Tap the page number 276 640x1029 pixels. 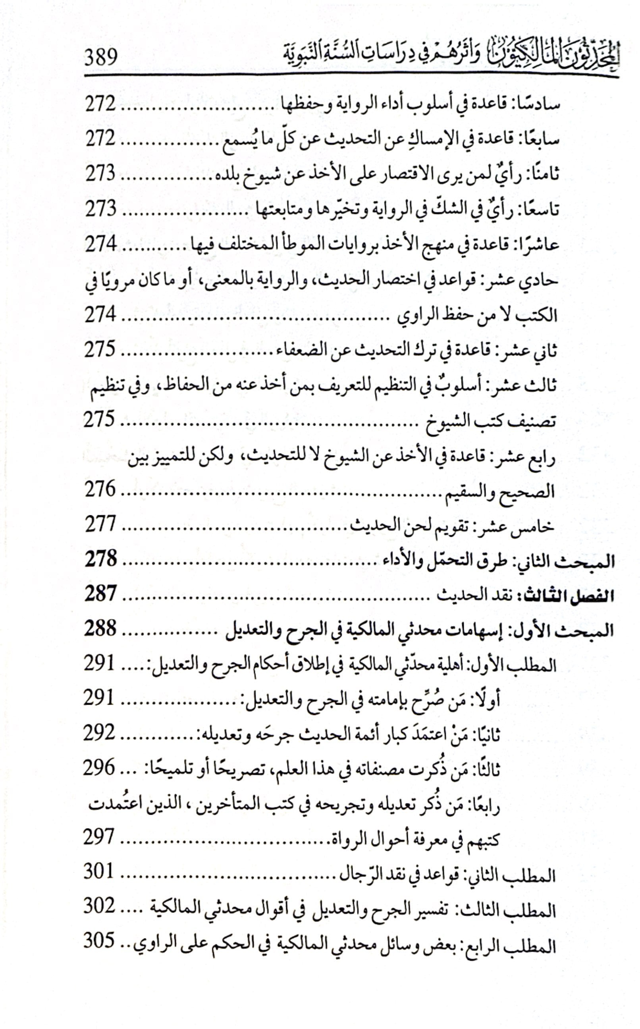pyautogui.click(x=100, y=489)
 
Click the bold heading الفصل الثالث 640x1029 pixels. pyautogui.click(x=568, y=596)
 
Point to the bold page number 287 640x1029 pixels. pyautogui.click(x=100, y=594)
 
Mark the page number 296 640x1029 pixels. pyautogui.click(x=99, y=768)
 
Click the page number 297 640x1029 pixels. pyautogui.click(x=99, y=838)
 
